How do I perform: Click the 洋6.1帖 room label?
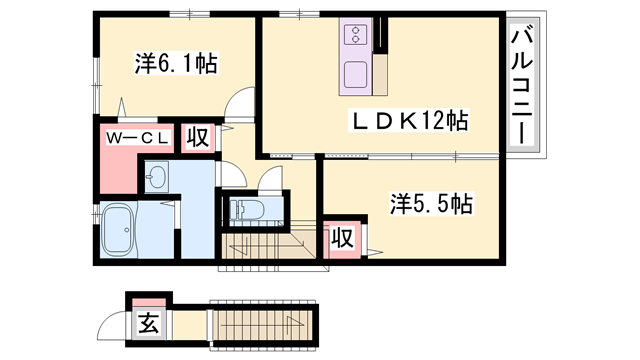tap(178, 63)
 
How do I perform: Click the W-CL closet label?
tap(136, 136)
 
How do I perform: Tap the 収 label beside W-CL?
tap(196, 137)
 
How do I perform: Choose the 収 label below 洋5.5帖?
tap(341, 238)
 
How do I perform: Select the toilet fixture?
tap(246, 211)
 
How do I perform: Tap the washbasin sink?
tap(158, 178)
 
